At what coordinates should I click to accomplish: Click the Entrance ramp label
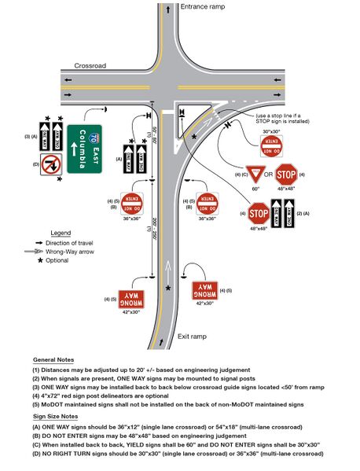point(205,6)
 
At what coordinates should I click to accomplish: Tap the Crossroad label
point(90,66)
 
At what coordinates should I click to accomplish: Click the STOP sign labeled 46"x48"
point(286,175)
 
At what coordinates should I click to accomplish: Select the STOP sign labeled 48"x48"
point(258,212)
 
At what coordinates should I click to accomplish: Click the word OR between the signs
point(270,174)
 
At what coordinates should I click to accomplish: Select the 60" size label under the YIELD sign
point(255,190)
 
